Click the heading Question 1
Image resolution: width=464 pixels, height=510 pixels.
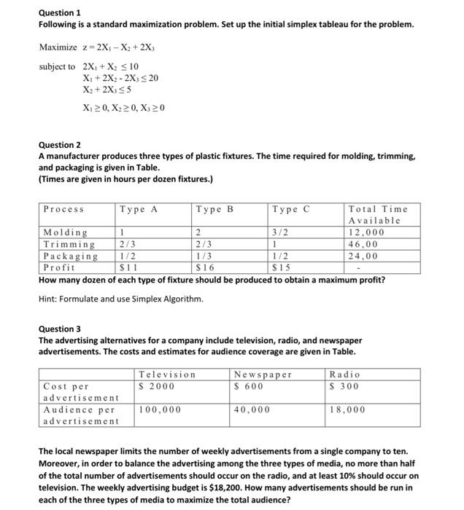60,13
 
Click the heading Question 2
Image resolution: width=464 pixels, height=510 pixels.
60,145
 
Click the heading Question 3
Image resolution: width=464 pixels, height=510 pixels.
60,329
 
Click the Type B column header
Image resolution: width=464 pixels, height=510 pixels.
214,209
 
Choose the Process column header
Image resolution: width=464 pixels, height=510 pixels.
64,209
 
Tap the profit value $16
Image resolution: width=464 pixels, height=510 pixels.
205,267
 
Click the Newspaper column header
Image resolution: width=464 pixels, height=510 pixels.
263,374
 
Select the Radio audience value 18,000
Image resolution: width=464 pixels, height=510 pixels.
348,410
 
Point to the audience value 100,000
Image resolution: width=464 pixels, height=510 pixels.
160,410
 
